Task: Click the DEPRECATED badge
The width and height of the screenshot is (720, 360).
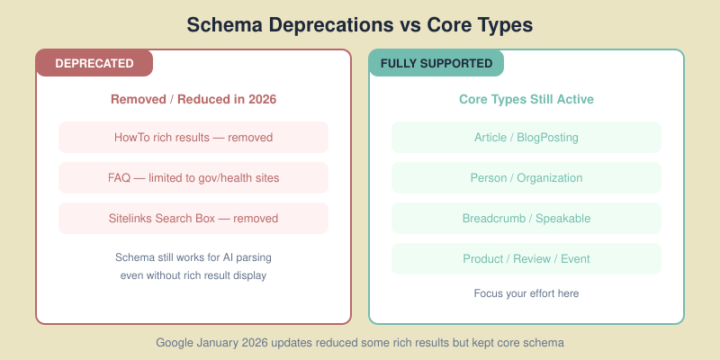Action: click(94, 63)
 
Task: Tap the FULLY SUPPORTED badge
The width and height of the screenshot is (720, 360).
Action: click(436, 63)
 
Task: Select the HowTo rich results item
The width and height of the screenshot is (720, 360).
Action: click(193, 138)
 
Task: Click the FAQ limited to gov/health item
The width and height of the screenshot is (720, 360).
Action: click(193, 178)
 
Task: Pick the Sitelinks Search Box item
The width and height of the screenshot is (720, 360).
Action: click(193, 219)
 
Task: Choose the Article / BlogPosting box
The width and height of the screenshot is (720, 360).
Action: click(526, 138)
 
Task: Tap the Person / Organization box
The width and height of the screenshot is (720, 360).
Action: click(526, 178)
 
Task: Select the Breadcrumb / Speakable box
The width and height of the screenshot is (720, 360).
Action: click(526, 219)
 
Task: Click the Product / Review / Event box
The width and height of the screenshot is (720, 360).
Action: click(526, 259)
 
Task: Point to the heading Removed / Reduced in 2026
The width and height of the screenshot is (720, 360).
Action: click(193, 99)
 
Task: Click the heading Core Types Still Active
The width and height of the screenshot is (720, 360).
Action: click(526, 99)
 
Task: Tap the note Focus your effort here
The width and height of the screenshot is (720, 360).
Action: click(526, 293)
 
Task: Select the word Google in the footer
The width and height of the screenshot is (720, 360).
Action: click(175, 343)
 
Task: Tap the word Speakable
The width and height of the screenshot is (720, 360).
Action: click(562, 219)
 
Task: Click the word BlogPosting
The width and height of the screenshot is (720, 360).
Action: click(546, 138)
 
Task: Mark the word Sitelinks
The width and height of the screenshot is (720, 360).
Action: click(132, 219)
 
